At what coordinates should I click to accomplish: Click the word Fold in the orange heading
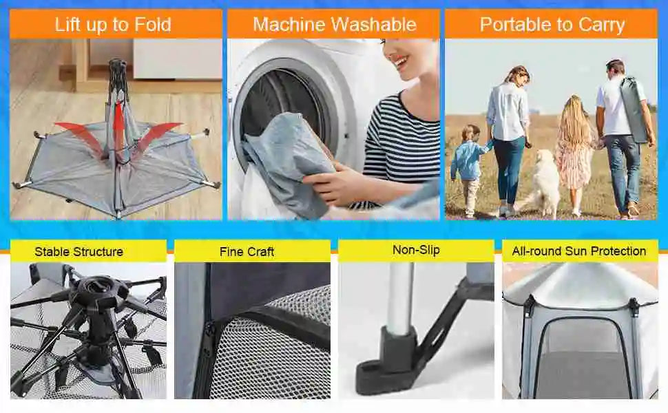152,25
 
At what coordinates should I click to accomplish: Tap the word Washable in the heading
375,24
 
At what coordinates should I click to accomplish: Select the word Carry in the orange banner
601,25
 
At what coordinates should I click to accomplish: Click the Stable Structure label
79,252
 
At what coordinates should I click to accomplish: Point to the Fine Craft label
247,252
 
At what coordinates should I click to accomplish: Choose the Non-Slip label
416,250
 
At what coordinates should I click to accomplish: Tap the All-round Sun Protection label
579,251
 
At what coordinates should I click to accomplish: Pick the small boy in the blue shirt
468,170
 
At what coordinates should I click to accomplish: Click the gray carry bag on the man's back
634,109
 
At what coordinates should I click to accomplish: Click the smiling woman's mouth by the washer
401,64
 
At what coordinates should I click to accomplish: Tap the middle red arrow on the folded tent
120,128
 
